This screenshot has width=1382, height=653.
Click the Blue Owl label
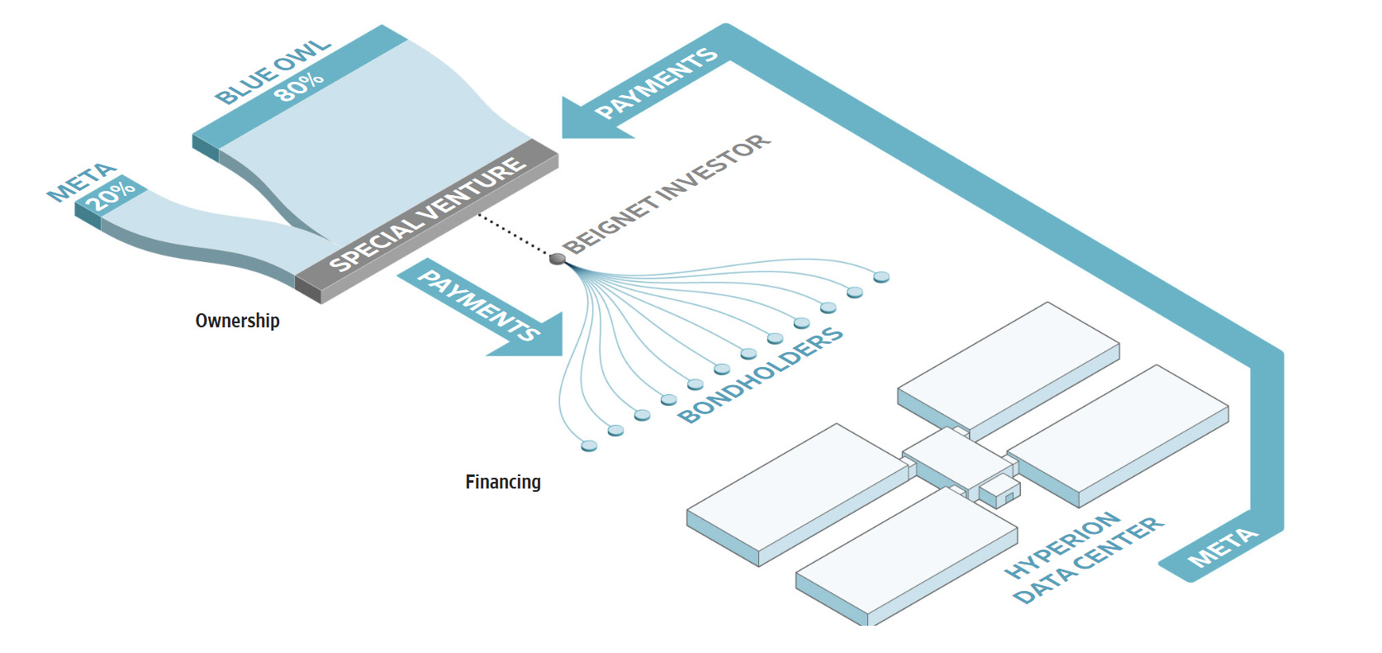click(x=273, y=72)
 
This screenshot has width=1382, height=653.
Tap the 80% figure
click(x=298, y=87)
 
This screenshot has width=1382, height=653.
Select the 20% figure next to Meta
click(x=111, y=195)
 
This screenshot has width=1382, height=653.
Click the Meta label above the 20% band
click(x=82, y=182)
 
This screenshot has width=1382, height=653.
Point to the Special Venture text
click(x=427, y=213)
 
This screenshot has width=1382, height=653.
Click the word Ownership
click(x=238, y=321)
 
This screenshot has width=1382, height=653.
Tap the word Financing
click(x=503, y=482)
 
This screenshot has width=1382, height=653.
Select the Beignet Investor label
click(x=667, y=193)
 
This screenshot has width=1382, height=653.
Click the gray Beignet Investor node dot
click(x=557, y=260)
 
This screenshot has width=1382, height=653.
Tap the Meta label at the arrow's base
click(x=1223, y=547)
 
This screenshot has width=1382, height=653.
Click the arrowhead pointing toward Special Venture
click(x=592, y=118)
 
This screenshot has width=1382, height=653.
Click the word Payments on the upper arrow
click(x=657, y=83)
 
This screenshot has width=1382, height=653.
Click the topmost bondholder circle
click(x=881, y=277)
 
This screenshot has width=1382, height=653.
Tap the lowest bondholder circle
click(x=589, y=446)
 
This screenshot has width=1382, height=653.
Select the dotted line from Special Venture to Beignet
click(x=513, y=235)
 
